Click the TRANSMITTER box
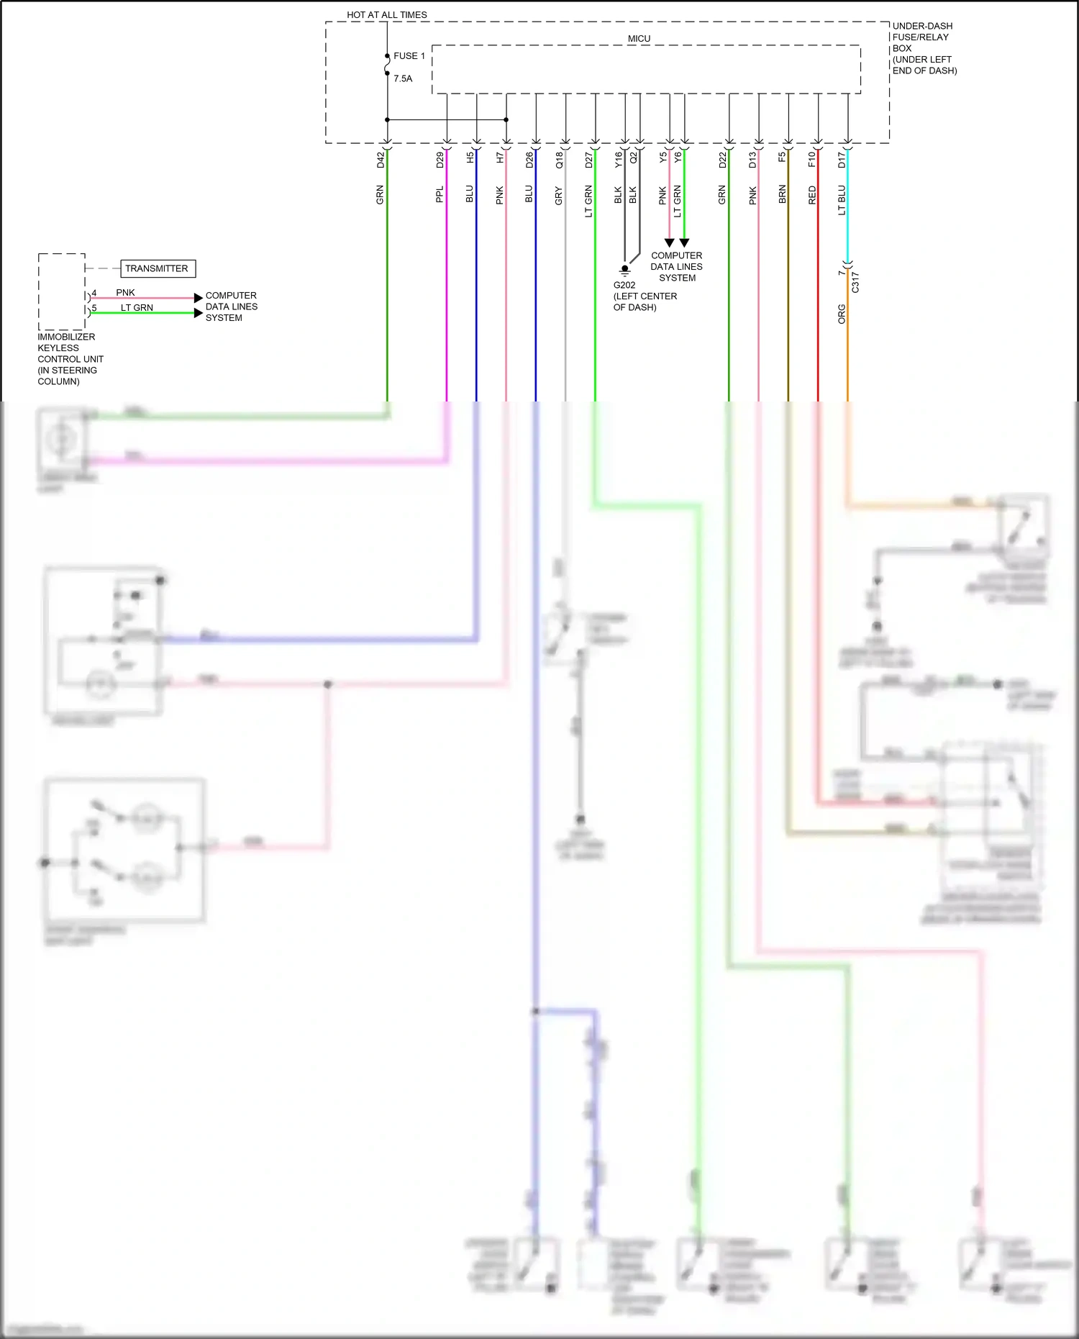click(x=158, y=268)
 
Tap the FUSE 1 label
click(x=409, y=55)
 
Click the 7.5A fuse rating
click(x=403, y=78)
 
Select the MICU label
click(x=639, y=39)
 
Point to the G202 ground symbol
click(x=624, y=270)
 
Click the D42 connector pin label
click(x=381, y=160)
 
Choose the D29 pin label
click(x=440, y=160)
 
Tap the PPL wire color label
click(x=440, y=194)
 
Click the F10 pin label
click(x=811, y=159)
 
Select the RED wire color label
click(x=812, y=195)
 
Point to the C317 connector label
click(x=855, y=282)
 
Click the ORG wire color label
click(x=842, y=314)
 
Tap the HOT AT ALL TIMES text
click(x=386, y=14)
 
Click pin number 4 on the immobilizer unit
click(x=94, y=293)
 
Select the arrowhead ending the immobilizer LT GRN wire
click(x=198, y=312)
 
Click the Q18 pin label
click(x=559, y=160)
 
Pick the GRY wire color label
click(x=558, y=196)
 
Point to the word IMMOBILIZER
click(x=66, y=337)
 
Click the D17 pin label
click(x=841, y=160)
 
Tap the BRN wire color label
click(x=782, y=194)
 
